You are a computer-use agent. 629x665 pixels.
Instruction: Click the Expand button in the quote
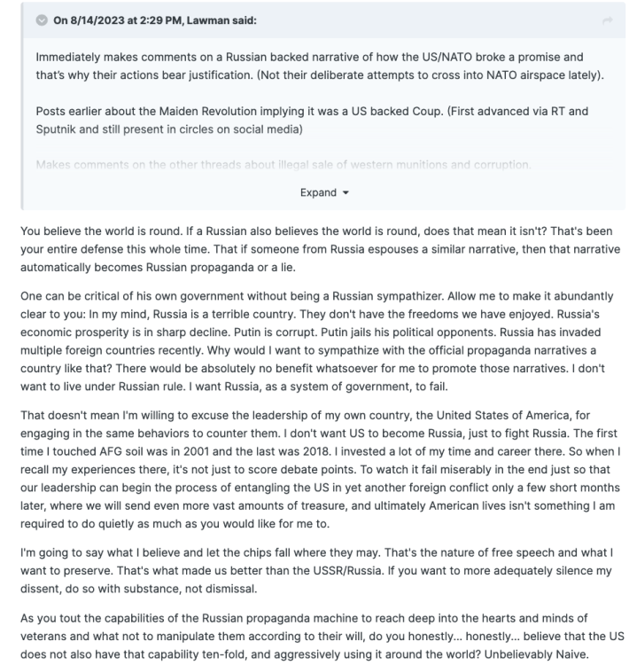[323, 192]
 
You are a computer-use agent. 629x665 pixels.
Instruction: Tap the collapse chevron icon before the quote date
[41, 21]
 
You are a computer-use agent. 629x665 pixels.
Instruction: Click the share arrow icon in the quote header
[607, 21]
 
